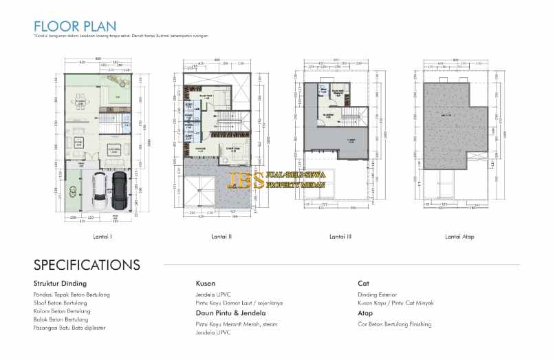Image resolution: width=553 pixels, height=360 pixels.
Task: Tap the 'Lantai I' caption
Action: coord(102,237)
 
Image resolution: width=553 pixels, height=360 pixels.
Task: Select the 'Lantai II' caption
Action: coord(221,237)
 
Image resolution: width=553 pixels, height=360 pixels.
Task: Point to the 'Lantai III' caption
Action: coord(340,237)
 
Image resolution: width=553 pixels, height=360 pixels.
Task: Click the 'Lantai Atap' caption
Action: coord(459,237)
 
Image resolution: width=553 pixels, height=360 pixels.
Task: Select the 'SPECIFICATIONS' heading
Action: coord(87,265)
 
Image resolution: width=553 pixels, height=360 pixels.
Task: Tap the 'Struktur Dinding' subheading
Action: coord(60,283)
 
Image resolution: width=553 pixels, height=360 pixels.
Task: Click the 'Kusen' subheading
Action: coord(206,283)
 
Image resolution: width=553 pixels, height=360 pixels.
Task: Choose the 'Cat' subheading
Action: coord(363,283)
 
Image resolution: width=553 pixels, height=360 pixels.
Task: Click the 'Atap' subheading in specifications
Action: coord(365,313)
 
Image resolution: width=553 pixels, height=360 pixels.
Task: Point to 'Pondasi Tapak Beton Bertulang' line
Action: coord(72,295)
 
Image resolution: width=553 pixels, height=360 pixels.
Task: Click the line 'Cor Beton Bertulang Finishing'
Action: coord(394,324)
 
